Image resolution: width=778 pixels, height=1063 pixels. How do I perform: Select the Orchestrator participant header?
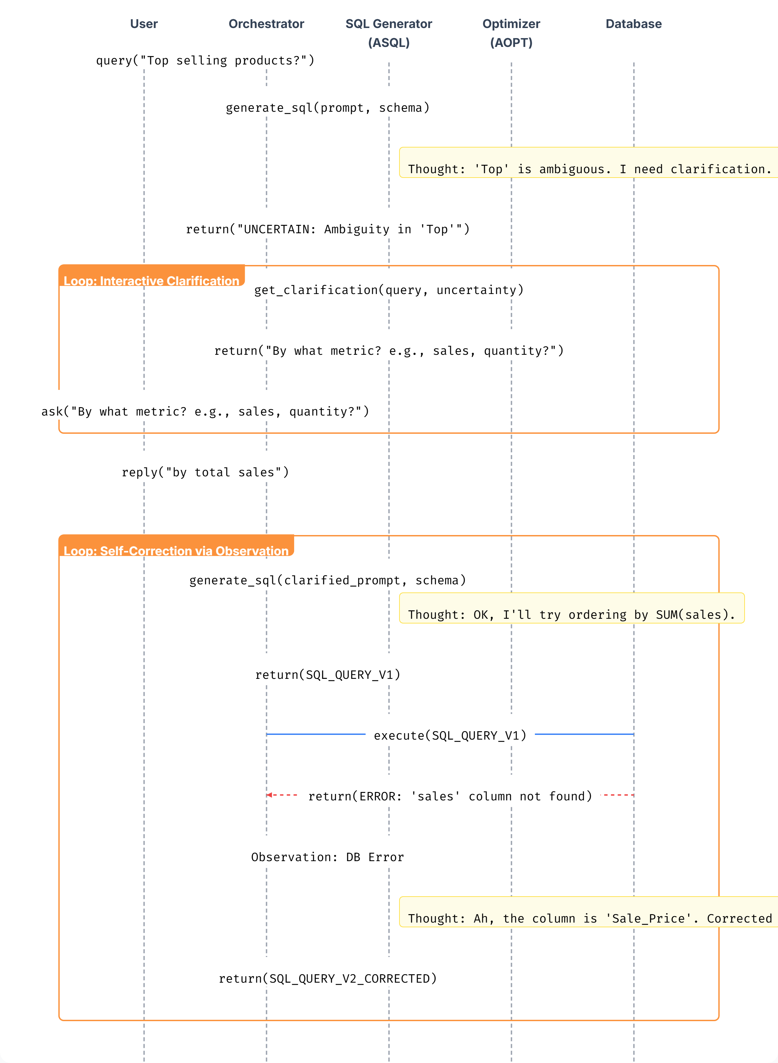click(x=266, y=24)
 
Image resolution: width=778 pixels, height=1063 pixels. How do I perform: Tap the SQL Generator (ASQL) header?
click(x=389, y=33)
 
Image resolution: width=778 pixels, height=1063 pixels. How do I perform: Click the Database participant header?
click(x=633, y=24)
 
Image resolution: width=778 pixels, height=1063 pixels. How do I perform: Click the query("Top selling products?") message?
click(x=205, y=61)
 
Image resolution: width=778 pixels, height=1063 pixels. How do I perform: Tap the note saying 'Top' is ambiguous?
click(x=589, y=169)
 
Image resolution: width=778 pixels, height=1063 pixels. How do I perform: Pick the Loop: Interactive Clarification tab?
click(x=151, y=281)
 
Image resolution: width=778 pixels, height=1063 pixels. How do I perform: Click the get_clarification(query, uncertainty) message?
click(x=389, y=290)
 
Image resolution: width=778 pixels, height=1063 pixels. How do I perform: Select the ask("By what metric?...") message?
click(x=205, y=412)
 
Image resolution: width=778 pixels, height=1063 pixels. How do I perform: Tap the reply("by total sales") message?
click(x=205, y=473)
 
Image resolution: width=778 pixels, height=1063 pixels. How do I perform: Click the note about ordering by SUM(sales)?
click(x=571, y=614)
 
